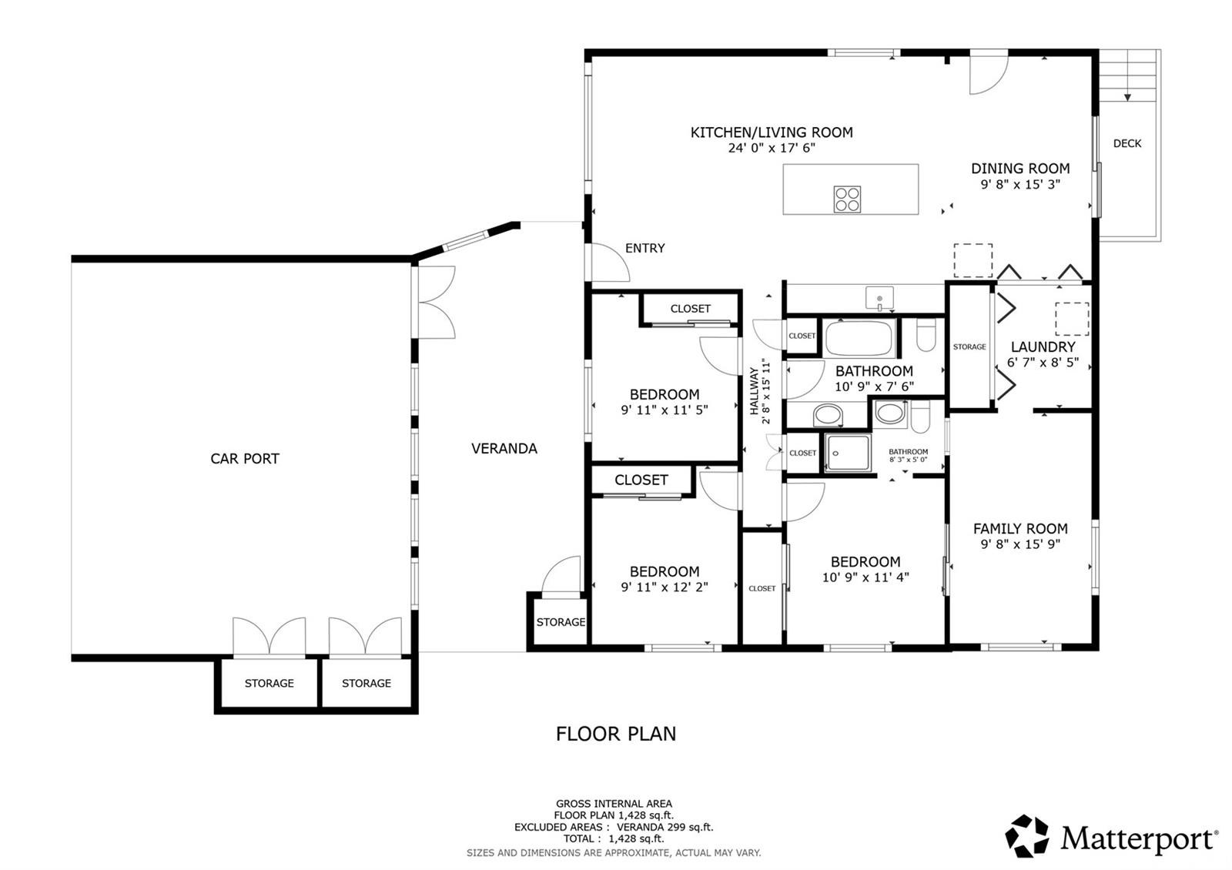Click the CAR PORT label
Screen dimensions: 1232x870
click(x=245, y=459)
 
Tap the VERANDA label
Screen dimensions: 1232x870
click(x=504, y=449)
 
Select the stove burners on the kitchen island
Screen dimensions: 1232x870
click(x=847, y=199)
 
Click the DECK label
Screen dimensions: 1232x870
click(x=1127, y=143)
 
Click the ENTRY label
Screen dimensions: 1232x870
click(x=644, y=249)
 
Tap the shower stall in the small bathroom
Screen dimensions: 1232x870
click(x=848, y=453)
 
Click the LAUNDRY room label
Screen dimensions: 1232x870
click(x=1043, y=347)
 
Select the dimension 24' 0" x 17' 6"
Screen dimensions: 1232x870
click(x=772, y=148)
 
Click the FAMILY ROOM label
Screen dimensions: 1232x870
click(x=1020, y=529)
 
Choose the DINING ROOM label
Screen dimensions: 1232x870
click(x=1020, y=169)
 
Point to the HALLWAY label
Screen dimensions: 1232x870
click(x=754, y=391)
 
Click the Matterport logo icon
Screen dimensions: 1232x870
click(x=1026, y=836)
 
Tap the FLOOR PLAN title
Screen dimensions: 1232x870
click(x=615, y=734)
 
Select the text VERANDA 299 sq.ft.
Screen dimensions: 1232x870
click(x=665, y=827)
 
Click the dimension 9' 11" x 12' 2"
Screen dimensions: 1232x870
click(x=665, y=587)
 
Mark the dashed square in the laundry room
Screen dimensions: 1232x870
click(x=1072, y=319)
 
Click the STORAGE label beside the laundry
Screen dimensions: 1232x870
click(x=969, y=347)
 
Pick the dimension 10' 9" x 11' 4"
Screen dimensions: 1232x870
click(x=865, y=577)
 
